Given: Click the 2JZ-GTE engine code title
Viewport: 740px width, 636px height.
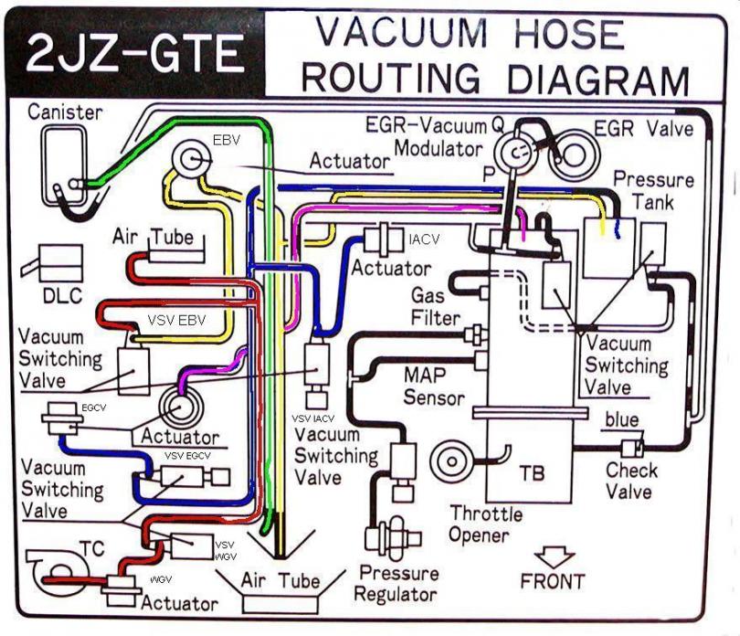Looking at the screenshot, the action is click(135, 53).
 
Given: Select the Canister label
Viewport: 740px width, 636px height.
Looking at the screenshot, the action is click(65, 112).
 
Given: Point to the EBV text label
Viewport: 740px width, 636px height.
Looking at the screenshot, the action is click(227, 140).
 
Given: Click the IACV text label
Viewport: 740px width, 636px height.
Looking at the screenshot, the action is click(424, 239).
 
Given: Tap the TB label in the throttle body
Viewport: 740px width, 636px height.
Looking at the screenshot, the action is click(532, 473).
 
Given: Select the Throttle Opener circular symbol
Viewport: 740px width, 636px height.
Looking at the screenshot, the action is click(451, 461).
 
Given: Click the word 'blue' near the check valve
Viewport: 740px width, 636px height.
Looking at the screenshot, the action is click(622, 419).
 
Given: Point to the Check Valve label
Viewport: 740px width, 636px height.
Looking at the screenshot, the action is click(631, 481).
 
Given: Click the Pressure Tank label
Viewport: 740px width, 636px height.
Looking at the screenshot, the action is click(653, 191).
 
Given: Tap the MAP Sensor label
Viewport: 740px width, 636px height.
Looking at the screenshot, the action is click(434, 387).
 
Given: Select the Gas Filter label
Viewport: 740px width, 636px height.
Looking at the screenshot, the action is click(435, 306).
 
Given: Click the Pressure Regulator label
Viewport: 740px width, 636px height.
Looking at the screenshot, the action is click(396, 584).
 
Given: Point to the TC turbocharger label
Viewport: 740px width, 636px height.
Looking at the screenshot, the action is click(92, 548).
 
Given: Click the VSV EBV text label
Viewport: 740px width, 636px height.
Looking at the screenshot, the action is click(176, 320).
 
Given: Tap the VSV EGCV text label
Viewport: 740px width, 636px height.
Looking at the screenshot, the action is click(187, 456).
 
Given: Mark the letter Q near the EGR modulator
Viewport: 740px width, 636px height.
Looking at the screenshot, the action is click(499, 125).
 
